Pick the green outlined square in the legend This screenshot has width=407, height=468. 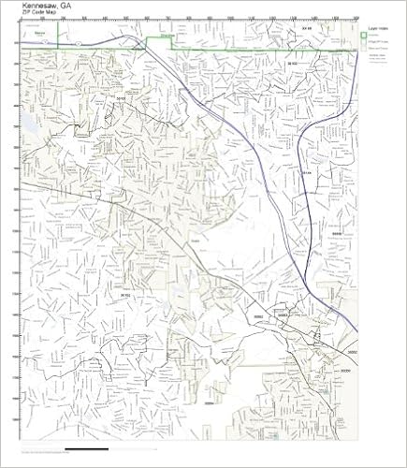pos(364,38)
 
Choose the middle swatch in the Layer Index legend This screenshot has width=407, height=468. pos(364,47)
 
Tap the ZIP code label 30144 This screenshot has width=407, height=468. pos(305,171)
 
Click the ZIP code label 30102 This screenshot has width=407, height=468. pos(292,63)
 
